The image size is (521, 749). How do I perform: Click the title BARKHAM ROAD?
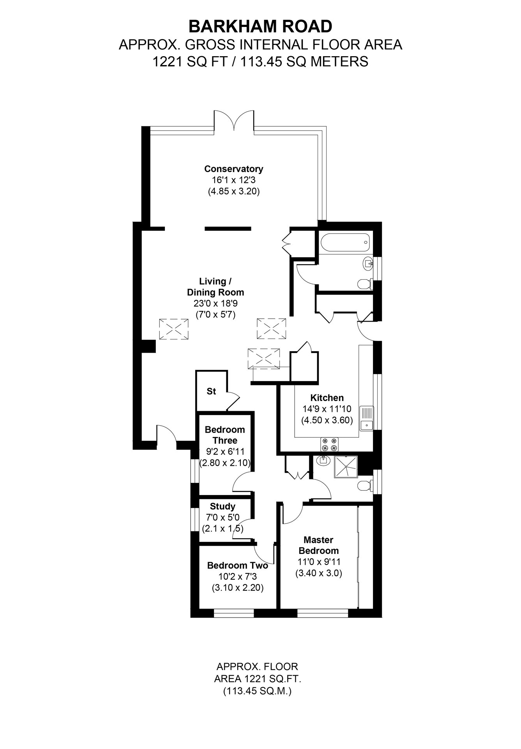[x=260, y=27]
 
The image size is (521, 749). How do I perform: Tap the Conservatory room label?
[x=233, y=169]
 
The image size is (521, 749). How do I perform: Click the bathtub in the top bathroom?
[x=344, y=242]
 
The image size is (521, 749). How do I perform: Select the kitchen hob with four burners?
[x=329, y=445]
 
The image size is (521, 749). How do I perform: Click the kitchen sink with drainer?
[x=366, y=418]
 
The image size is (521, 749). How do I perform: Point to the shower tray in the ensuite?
[x=346, y=466]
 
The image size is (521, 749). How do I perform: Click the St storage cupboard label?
[x=211, y=391]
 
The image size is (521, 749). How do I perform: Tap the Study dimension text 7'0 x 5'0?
[x=223, y=518]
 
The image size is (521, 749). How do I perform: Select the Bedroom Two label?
[x=237, y=565]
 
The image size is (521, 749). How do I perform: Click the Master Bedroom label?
[x=318, y=545]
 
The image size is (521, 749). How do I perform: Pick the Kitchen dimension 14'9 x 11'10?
[x=327, y=409]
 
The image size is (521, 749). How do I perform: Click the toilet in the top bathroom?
[x=364, y=284]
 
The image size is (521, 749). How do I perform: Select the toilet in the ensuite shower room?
[x=364, y=486]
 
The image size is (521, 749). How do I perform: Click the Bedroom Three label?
[x=225, y=435]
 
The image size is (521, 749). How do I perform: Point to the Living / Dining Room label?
[x=215, y=287]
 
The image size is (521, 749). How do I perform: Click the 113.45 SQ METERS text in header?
[x=304, y=62]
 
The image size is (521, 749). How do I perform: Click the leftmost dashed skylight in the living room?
[x=174, y=329]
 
